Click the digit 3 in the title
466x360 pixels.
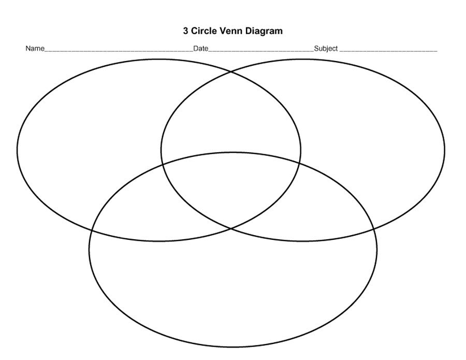186,31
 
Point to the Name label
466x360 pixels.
35,49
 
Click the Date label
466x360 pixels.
200,49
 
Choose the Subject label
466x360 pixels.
326,49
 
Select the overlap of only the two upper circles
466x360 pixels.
231,114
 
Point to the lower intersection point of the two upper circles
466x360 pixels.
231,228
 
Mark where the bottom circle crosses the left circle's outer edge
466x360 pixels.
92,229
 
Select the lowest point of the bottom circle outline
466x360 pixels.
233,347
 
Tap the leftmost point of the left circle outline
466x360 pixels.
17,150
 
